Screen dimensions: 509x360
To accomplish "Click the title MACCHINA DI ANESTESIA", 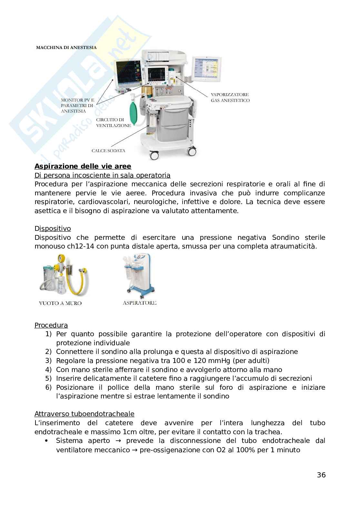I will tap(66, 47).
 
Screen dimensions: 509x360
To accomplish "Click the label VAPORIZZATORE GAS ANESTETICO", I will tap(230, 97).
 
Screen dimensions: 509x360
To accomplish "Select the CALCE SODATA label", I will tap(108, 151).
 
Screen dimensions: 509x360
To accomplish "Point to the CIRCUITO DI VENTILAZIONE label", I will tap(113, 122).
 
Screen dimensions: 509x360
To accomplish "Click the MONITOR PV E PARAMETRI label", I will tap(77, 105).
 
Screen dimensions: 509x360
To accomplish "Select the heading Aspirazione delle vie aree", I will tap(83, 166).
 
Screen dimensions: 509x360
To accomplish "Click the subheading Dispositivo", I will tap(53, 229).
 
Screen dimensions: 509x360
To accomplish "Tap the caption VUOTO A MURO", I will tap(60, 303).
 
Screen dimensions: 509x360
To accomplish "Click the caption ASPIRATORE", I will tap(140, 303).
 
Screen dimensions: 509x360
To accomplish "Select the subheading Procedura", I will tap(51, 325).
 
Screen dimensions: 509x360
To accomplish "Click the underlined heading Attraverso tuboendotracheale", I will tap(84, 414).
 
